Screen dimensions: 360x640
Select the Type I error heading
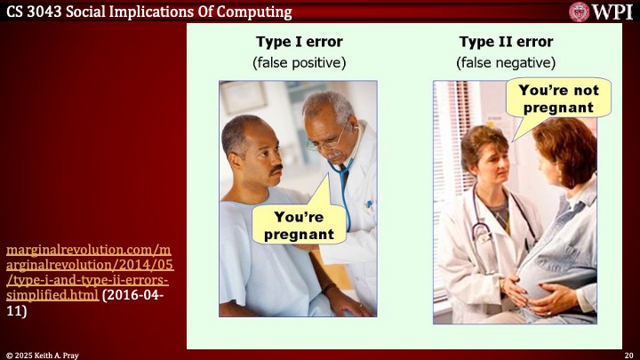pos(299,42)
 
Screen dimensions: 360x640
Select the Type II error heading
pos(506,42)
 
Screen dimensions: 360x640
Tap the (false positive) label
pos(299,63)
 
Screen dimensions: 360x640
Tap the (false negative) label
pos(506,63)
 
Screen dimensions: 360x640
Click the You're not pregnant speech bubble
pos(558,99)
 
